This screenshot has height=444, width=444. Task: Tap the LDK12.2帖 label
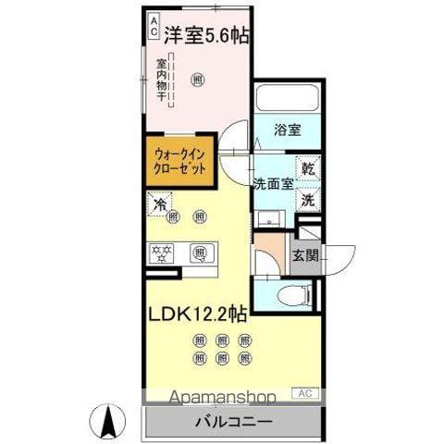(196, 314)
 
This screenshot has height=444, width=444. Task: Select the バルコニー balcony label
(233, 422)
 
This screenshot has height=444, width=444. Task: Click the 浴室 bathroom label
(287, 131)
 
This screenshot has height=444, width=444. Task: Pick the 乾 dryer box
(308, 169)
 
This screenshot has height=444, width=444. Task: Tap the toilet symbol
(289, 294)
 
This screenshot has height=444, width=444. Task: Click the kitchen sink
(200, 252)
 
